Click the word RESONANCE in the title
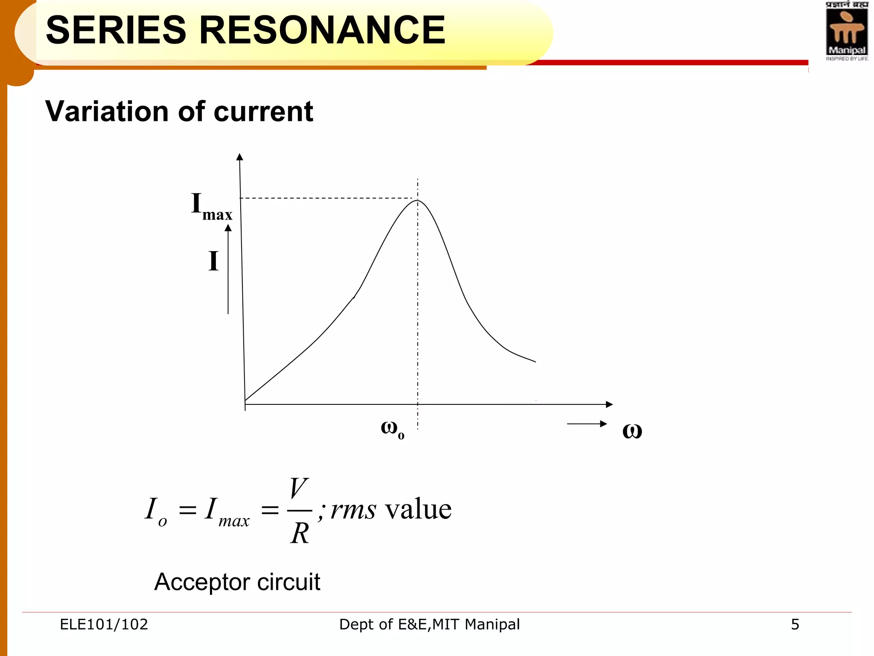tap(322, 30)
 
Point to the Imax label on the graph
tap(211, 206)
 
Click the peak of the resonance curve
tap(417, 200)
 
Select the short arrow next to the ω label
tap(587, 424)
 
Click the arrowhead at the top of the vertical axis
tap(240, 157)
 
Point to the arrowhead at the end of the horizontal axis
tap(609, 404)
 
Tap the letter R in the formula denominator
tap(300, 533)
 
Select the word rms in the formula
tap(353, 510)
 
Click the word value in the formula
tap(418, 509)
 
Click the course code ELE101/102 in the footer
tap(104, 624)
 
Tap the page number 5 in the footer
tap(795, 624)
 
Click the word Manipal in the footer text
tap(492, 624)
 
